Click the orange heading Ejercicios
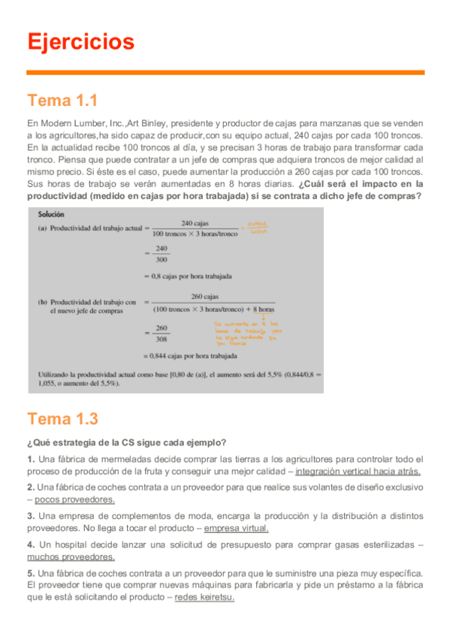click(x=80, y=41)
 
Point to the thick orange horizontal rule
click(x=225, y=73)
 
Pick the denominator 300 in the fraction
click(x=161, y=261)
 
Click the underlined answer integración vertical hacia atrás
click(x=358, y=472)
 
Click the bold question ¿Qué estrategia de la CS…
click(x=127, y=441)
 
